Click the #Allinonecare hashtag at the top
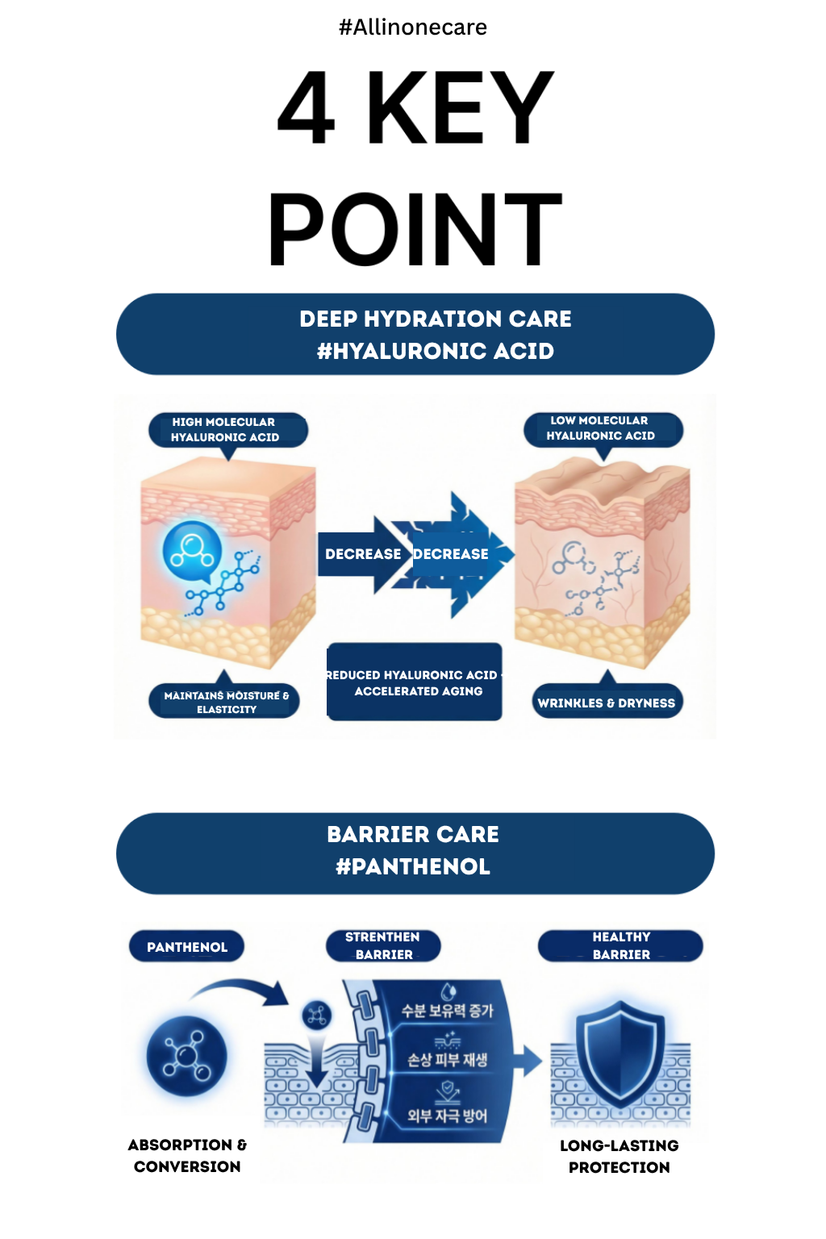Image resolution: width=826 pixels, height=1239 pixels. (x=412, y=27)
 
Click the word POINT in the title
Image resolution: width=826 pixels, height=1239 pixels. (x=414, y=230)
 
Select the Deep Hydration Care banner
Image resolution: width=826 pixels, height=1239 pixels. (x=415, y=334)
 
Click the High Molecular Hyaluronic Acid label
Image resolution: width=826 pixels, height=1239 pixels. (x=227, y=430)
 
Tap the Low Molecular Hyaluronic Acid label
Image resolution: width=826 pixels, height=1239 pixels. (x=603, y=428)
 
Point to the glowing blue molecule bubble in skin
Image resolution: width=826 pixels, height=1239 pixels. (x=192, y=551)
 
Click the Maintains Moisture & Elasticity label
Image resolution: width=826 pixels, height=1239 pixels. (x=225, y=701)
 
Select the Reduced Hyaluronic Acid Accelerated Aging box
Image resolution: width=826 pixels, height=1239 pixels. (x=415, y=682)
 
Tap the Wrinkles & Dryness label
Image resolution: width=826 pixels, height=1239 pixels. (x=607, y=703)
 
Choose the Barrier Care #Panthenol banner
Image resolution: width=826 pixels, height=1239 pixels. (x=415, y=852)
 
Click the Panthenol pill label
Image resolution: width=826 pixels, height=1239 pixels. (x=187, y=947)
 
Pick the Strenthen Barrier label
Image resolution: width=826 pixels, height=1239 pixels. (x=383, y=945)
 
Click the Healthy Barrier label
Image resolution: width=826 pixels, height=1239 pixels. (x=620, y=945)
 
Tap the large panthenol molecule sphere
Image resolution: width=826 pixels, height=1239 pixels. (x=186, y=1056)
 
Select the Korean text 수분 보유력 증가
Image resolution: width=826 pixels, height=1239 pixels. (x=447, y=1011)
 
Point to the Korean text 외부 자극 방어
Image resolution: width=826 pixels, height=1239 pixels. (x=447, y=1116)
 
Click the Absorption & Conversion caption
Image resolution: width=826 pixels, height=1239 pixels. (x=187, y=1155)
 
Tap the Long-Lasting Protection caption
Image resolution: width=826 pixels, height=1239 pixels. (x=619, y=1156)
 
